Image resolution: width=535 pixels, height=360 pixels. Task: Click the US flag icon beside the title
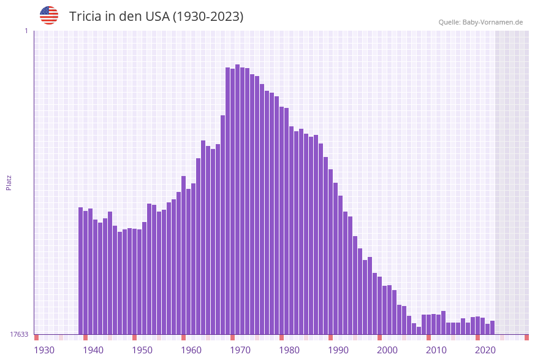coord(49,15)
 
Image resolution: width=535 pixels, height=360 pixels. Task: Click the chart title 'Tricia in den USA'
coord(156,17)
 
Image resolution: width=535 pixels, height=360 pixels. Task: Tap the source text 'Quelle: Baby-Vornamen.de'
coord(480,22)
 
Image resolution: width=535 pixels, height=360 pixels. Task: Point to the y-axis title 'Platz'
coord(9,182)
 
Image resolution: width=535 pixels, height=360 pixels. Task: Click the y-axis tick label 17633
coord(19,334)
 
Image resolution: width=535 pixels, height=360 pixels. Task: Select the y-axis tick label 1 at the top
coord(26,31)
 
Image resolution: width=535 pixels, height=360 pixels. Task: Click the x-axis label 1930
coord(44,350)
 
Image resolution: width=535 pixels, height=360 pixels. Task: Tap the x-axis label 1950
coord(142,350)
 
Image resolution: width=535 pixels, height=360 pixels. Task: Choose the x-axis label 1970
coord(240,350)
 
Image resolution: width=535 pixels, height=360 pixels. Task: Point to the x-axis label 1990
coord(338,350)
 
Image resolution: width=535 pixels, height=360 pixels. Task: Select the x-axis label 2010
coord(436,350)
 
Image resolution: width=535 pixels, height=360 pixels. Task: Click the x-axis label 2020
coord(485,350)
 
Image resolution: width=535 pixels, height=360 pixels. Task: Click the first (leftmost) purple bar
coord(81,270)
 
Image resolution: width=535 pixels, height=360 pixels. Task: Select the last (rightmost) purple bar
coord(493,327)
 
